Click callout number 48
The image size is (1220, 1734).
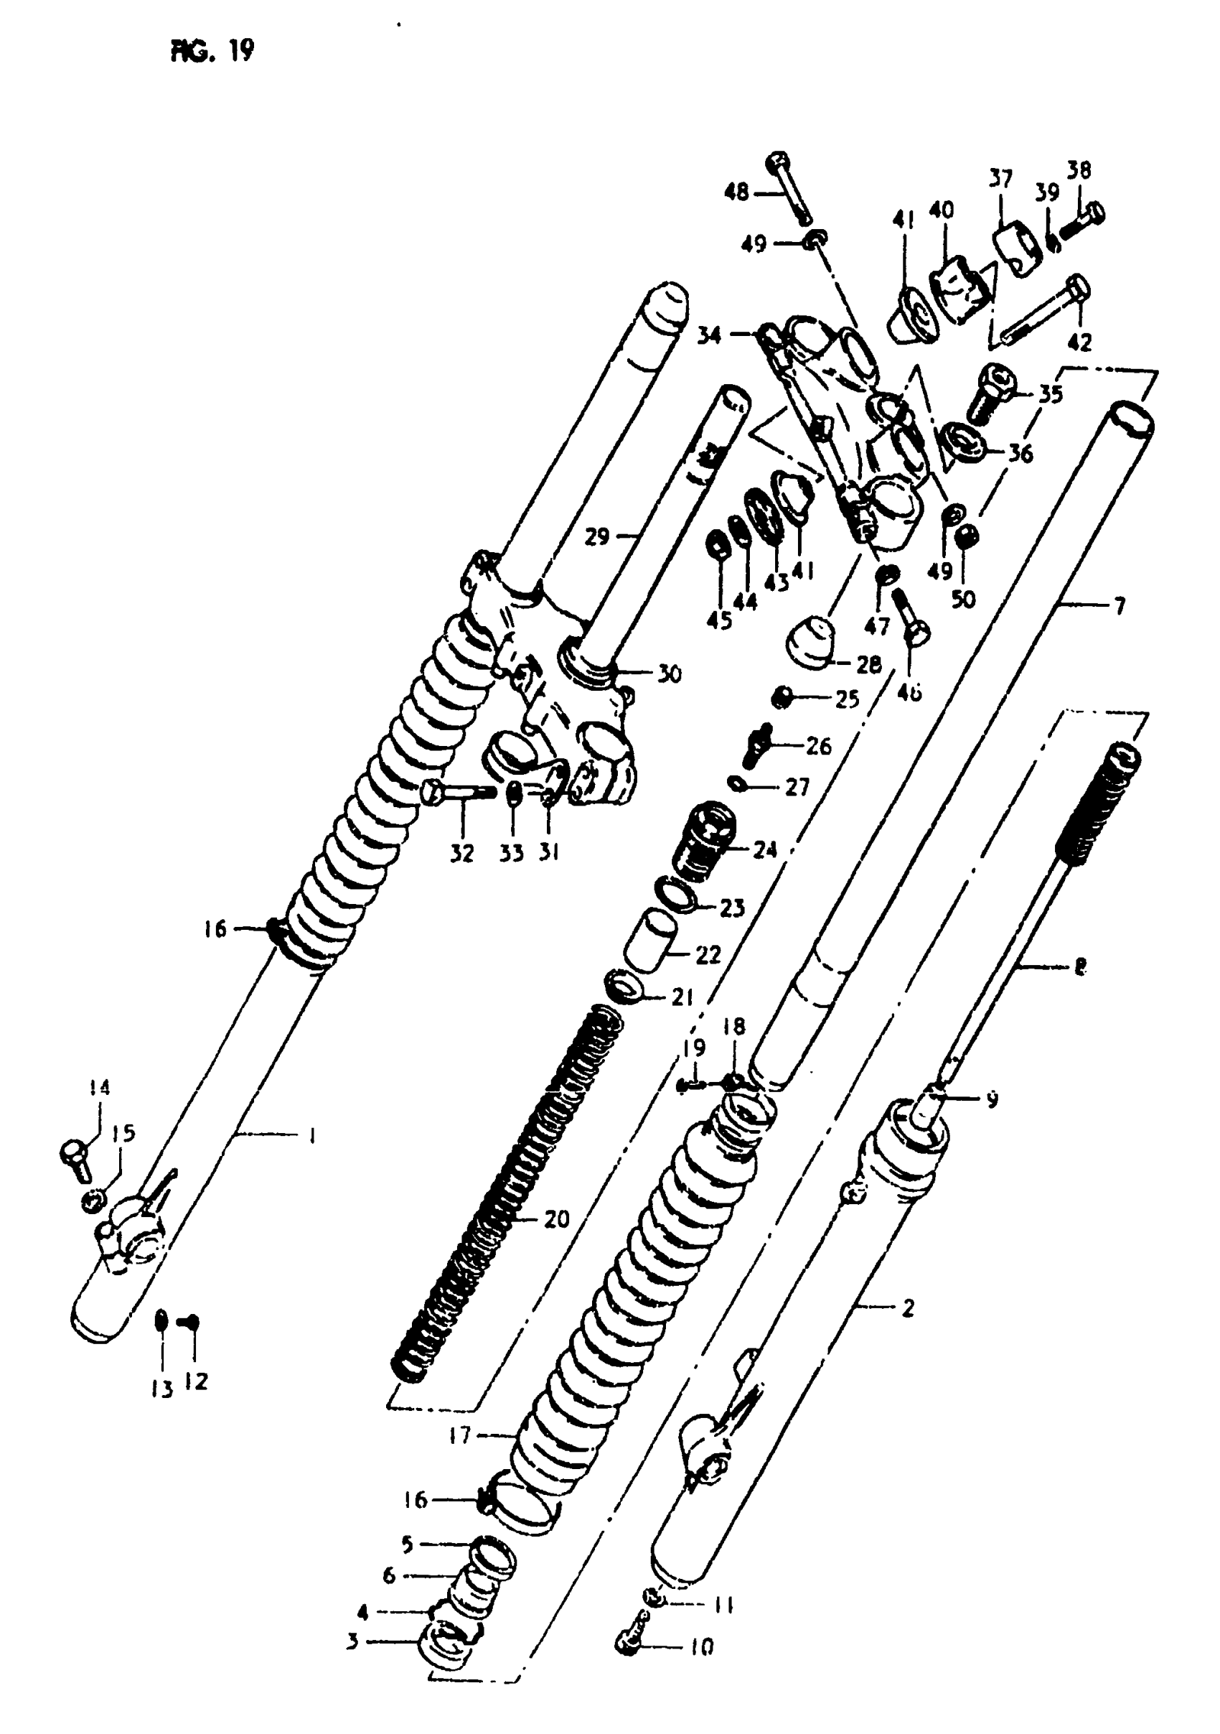tap(736, 192)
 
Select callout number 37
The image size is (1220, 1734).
tap(1000, 179)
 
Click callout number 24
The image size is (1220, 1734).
tap(765, 849)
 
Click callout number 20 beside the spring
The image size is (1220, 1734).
tap(556, 1218)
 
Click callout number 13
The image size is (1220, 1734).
tap(161, 1389)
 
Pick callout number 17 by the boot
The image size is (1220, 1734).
tap(459, 1435)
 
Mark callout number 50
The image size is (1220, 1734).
tap(963, 599)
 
